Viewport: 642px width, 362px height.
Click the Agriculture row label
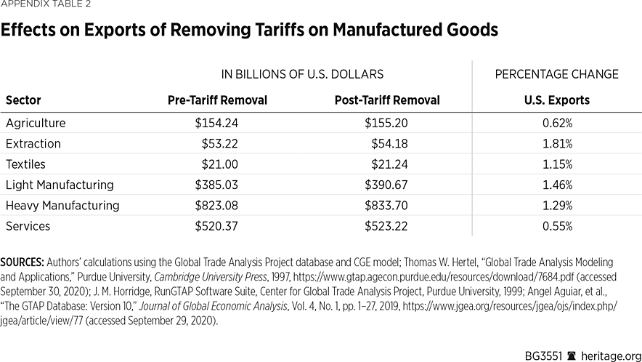[36, 124]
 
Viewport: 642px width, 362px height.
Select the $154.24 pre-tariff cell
[216, 124]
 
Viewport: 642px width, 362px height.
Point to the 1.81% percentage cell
[557, 144]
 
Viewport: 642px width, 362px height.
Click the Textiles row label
[25, 164]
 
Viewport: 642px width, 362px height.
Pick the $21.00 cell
[220, 164]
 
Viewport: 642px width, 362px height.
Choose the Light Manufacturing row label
[60, 185]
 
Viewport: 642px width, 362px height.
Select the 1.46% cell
[557, 185]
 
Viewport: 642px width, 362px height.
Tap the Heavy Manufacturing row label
[62, 206]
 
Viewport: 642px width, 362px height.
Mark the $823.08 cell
[216, 206]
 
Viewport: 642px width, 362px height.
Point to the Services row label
[28, 226]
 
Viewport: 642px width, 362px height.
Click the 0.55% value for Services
[557, 226]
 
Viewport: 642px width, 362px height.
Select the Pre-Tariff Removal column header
[217, 100]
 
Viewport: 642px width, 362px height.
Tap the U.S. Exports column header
[557, 100]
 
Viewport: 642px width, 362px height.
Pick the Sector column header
[23, 100]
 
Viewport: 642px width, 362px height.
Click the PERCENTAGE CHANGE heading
[557, 74]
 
